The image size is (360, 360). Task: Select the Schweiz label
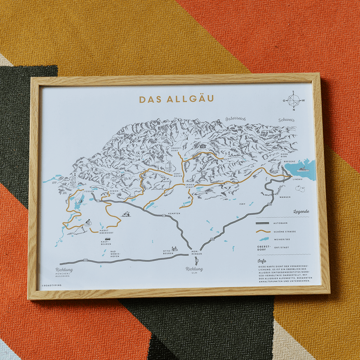(x=286, y=120)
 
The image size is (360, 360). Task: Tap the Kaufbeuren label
(x=107, y=243)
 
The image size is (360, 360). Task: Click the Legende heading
(x=301, y=212)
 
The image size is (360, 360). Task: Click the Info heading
(x=261, y=261)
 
